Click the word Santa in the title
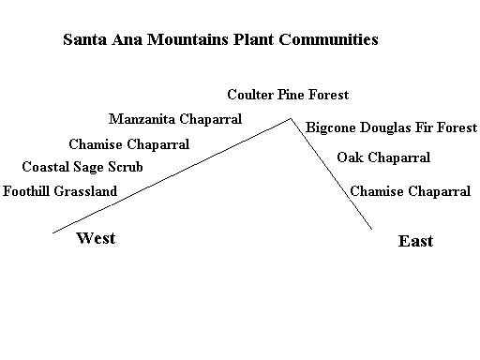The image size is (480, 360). tap(84, 39)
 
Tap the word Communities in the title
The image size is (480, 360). tap(328, 39)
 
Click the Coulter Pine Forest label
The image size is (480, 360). tap(288, 95)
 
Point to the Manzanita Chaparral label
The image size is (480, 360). tap(175, 119)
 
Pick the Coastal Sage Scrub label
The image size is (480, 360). tap(82, 167)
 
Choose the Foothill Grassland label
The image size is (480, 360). tap(60, 191)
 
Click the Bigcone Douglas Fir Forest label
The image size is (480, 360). tap(391, 127)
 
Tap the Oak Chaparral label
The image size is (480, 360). tap(383, 157)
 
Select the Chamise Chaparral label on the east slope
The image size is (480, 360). tap(410, 191)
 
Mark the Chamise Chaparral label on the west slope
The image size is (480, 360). tap(129, 144)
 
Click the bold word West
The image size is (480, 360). tap(96, 238)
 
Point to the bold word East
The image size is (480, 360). tap(415, 241)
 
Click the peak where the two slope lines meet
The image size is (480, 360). tap(291, 119)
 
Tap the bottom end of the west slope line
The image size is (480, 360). tap(53, 232)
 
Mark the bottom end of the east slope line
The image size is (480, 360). tap(372, 229)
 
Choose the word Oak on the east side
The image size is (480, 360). tap(350, 157)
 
